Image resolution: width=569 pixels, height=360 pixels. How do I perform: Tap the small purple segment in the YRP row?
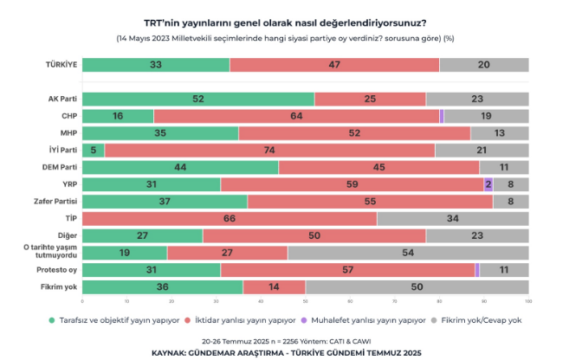(488, 183)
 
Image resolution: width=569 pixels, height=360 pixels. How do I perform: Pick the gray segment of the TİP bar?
(452, 218)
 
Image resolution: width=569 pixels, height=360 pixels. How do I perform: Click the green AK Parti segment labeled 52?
(197, 99)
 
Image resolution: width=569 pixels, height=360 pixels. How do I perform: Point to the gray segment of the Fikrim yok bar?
(416, 286)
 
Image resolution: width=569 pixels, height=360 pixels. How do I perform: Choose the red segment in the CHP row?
(296, 116)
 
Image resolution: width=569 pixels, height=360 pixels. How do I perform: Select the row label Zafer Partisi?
(60, 201)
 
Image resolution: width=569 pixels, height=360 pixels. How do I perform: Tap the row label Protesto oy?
(61, 269)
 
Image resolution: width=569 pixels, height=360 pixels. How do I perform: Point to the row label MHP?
(68, 132)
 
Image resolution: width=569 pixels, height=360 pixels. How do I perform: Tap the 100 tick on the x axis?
(527, 301)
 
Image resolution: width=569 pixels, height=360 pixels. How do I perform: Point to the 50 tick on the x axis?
(304, 301)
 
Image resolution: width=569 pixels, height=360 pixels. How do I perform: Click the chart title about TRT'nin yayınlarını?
(284, 23)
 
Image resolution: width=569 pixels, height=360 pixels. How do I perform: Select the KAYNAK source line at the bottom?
(284, 353)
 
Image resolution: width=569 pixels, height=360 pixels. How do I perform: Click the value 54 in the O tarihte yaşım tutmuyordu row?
(407, 252)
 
